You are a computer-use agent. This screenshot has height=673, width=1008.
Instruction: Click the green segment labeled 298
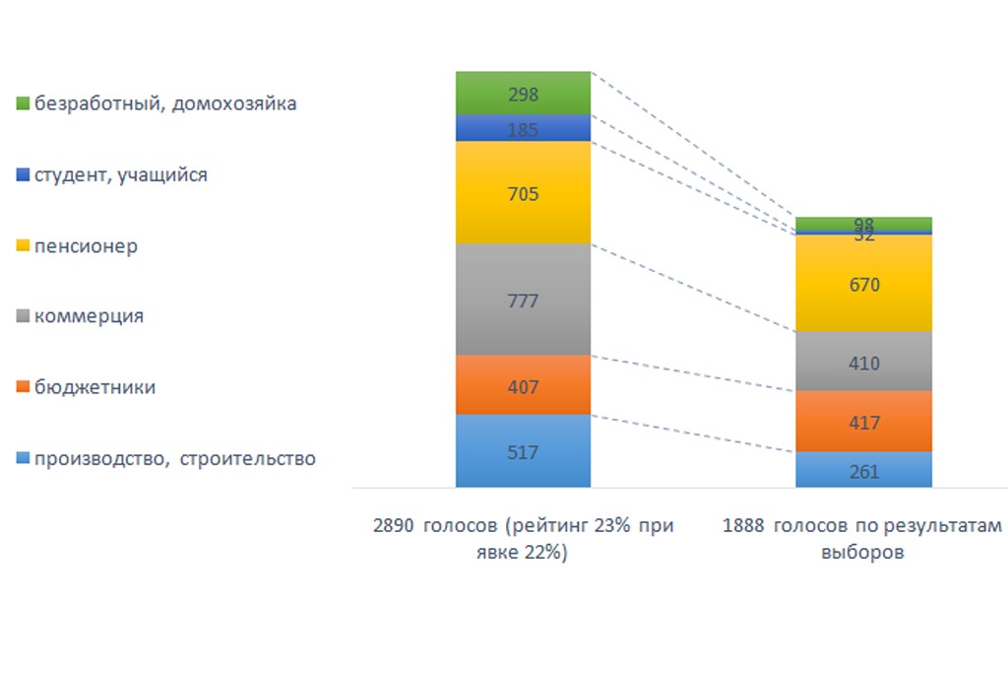[x=523, y=94]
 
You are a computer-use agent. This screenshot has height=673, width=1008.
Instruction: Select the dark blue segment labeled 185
[x=523, y=128]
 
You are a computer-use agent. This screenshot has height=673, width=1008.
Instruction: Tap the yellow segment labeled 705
[x=523, y=193]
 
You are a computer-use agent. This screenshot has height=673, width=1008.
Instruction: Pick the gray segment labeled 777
[x=523, y=300]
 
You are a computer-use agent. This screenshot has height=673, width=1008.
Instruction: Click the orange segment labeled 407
[x=523, y=385]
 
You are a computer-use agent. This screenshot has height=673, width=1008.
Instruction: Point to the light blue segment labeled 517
[x=523, y=451]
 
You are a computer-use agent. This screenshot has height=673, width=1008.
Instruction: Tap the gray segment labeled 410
[x=863, y=362]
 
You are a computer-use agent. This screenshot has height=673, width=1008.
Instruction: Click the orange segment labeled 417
[x=863, y=422]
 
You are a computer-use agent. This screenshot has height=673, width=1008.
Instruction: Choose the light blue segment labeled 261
[x=863, y=470]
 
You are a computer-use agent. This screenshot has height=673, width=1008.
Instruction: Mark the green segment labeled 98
[x=863, y=223]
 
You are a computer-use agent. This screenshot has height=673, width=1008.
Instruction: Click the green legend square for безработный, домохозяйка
[x=23, y=103]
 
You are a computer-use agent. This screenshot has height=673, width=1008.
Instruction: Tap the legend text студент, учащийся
[x=121, y=175]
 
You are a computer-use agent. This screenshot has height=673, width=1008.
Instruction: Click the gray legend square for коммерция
[x=23, y=317]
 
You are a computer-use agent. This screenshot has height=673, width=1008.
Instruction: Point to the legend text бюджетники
[x=94, y=387]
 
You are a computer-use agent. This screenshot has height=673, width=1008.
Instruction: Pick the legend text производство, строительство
[x=175, y=458]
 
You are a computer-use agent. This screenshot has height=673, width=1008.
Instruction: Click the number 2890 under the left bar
[x=394, y=525]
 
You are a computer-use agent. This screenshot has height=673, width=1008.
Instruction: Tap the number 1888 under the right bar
[x=743, y=525]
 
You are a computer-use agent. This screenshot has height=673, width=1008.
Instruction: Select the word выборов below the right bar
[x=861, y=553]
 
